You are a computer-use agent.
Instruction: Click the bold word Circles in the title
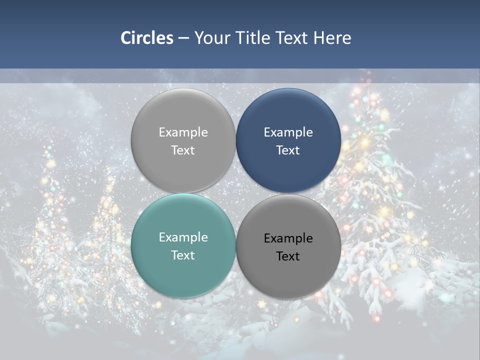(x=147, y=38)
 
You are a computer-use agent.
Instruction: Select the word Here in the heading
(x=332, y=38)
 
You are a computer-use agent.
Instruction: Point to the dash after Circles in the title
(x=183, y=38)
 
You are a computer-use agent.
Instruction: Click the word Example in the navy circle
(x=288, y=132)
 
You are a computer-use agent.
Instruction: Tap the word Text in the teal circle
(x=183, y=255)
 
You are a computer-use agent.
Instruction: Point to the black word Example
(x=288, y=238)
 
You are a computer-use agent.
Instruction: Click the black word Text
(x=288, y=256)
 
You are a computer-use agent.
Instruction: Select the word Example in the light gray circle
(x=183, y=132)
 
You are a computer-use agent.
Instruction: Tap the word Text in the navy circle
(x=288, y=150)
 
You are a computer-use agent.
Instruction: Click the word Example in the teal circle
(x=183, y=237)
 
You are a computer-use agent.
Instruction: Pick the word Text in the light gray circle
(x=183, y=150)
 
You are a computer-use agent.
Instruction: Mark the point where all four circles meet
(x=236, y=193)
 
